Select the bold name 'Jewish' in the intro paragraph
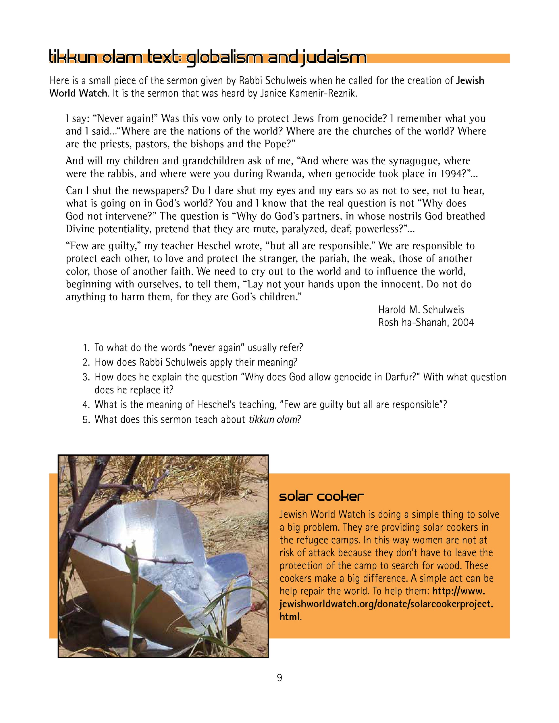tap(470, 80)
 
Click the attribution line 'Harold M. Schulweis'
tap(421, 310)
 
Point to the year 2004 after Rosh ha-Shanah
tap(463, 322)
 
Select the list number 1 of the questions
tap(86, 348)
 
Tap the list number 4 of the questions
tap(86, 405)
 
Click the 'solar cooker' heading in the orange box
tap(321, 496)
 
